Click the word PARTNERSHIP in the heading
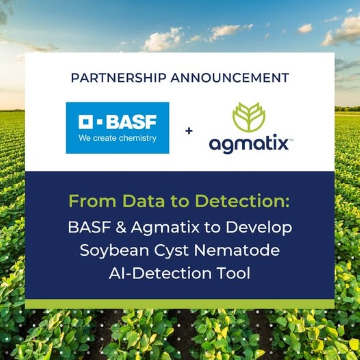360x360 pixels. click(x=118, y=78)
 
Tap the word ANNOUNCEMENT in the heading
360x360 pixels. click(x=229, y=78)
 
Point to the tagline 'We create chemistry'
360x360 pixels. click(x=117, y=138)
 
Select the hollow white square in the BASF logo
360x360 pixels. click(x=85, y=122)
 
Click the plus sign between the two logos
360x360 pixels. click(x=189, y=131)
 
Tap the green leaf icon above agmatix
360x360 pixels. click(x=249, y=117)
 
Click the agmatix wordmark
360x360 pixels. click(x=249, y=144)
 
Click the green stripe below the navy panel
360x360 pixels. click(x=180, y=304)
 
